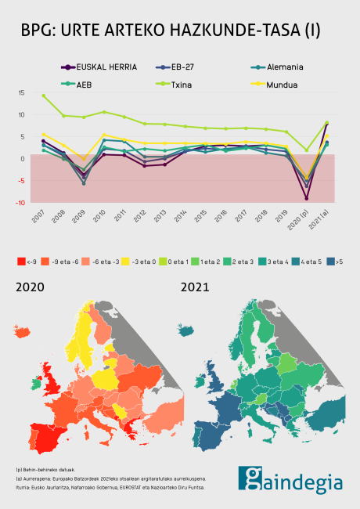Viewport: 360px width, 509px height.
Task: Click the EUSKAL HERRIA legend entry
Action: (98, 67)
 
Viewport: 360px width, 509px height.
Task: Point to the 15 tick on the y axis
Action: (22, 92)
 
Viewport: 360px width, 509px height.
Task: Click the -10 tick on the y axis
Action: (21, 202)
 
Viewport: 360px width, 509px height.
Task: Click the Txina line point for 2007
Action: (43, 96)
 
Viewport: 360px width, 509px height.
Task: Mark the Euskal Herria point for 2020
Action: (307, 198)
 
